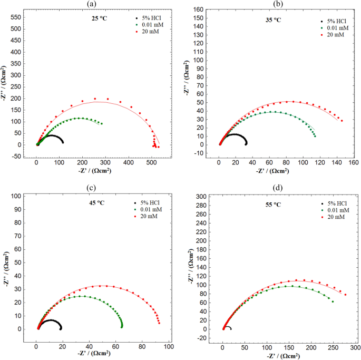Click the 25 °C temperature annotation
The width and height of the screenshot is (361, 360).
click(x=96, y=20)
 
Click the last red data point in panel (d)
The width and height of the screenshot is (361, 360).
click(x=345, y=295)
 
